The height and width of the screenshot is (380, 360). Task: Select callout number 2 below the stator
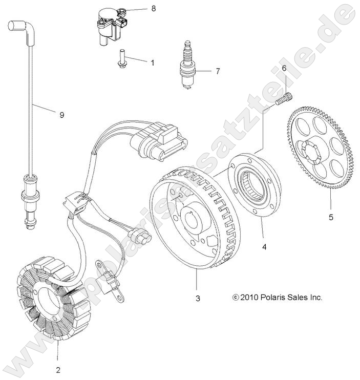tap(58, 369)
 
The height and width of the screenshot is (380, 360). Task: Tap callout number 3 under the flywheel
tap(198, 298)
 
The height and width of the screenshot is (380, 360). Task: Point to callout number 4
tap(264, 247)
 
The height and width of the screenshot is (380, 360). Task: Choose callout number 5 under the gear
tap(331, 217)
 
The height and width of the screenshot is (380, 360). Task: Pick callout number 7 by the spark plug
tap(217, 71)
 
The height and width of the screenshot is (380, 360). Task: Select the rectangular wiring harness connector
tap(159, 139)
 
